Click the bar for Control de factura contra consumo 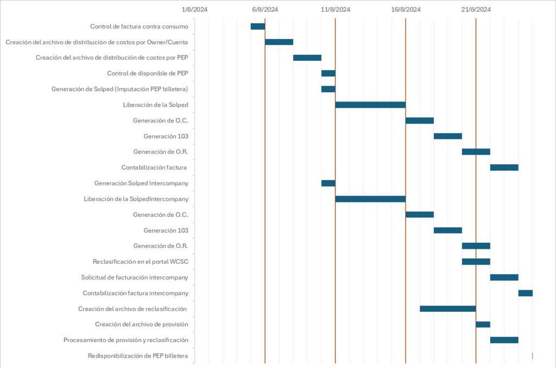coord(258,27)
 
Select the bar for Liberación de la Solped coord(370,105)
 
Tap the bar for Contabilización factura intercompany coord(525,293)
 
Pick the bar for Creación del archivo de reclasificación coord(447,309)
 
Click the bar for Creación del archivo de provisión coord(483,325)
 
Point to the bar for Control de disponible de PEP coord(328,73)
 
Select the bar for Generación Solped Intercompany coord(328,183)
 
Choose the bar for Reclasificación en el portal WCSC coord(476,262)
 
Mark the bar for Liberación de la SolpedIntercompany coord(370,199)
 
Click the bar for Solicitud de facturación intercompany coord(504,277)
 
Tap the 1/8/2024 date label coord(195,9)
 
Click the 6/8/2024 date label coord(265,9)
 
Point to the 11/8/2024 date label coord(336,9)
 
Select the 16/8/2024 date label coord(406,9)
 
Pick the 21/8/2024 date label coord(476,9)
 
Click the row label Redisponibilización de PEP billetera coord(138,356)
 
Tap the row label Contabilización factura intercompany coord(135,293)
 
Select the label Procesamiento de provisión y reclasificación coord(125,340)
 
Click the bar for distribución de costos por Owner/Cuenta coord(279,42)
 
